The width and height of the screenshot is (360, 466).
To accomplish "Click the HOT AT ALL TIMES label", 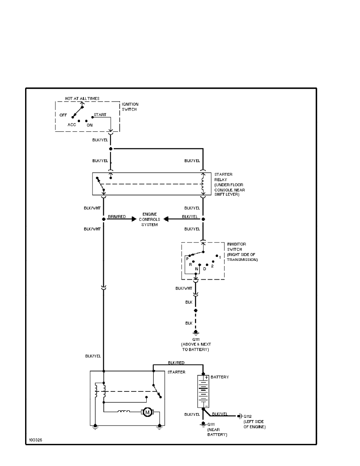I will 82,98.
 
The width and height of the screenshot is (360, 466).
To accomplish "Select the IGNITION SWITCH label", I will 130,107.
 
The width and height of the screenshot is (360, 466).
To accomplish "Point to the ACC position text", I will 71,124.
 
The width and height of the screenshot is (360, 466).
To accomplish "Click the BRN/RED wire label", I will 116,217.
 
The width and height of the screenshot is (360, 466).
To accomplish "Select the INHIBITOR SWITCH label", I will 242,252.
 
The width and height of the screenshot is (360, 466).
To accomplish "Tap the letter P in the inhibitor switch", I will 187,259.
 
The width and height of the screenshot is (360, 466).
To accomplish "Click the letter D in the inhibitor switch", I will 205,269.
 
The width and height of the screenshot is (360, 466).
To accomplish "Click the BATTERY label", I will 220,377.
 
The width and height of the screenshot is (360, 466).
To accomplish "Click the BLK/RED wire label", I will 176,363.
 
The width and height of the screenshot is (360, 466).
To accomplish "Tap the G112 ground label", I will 248,416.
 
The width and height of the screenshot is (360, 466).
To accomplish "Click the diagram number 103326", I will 35,440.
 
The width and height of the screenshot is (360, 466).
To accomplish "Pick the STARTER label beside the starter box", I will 176,372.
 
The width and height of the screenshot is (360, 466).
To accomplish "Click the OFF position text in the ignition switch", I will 64,115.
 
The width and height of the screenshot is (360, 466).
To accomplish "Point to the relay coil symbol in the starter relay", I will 203,184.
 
